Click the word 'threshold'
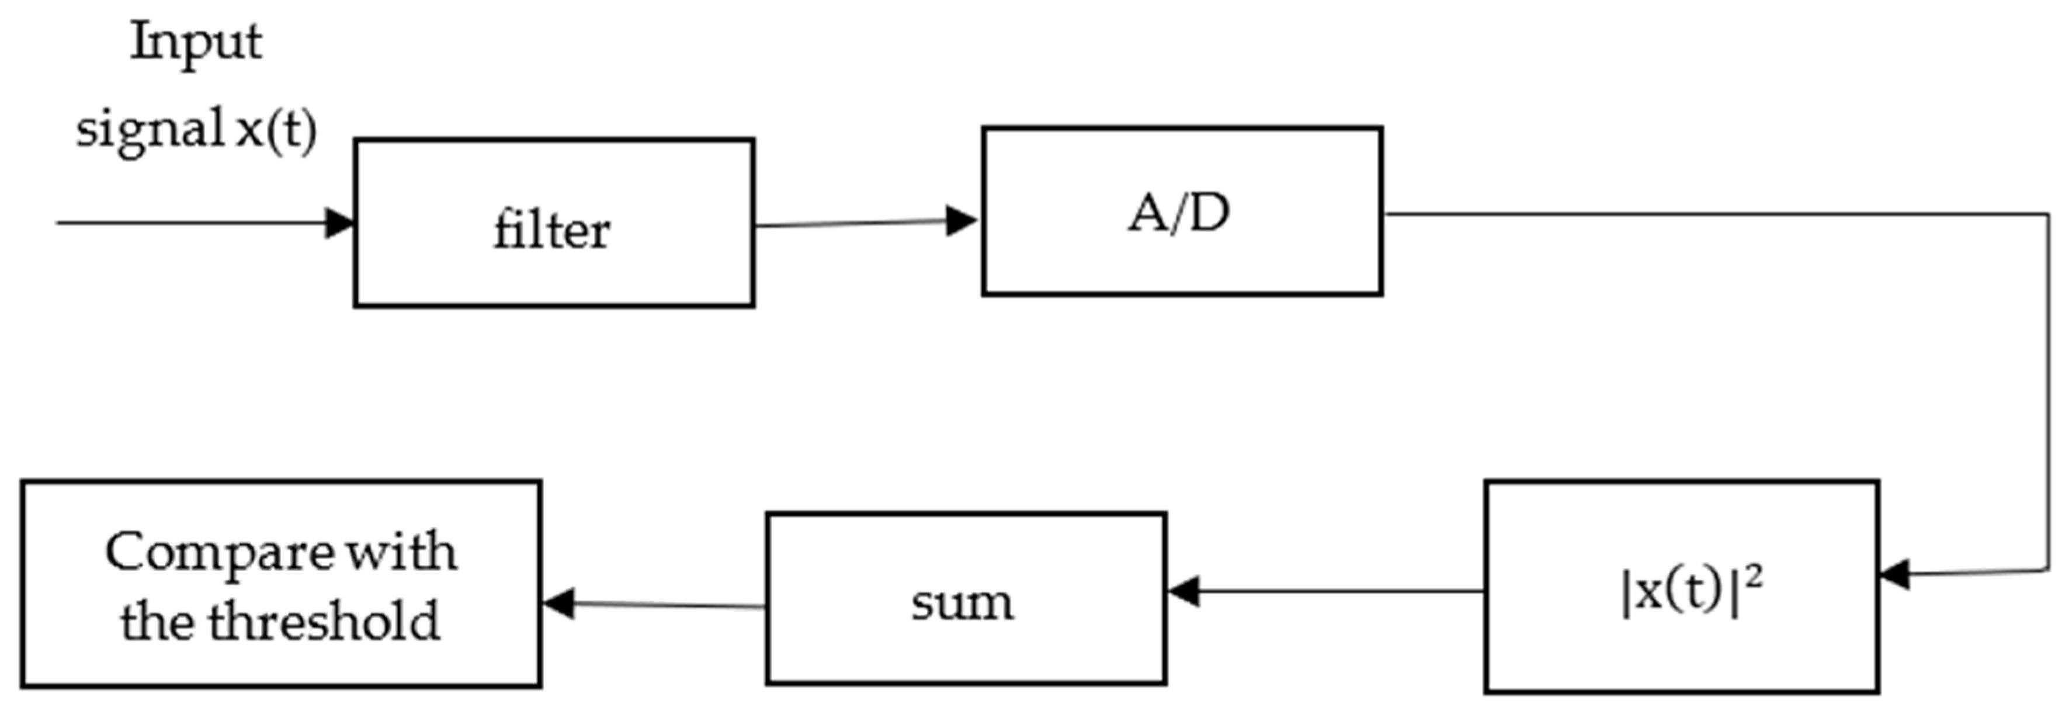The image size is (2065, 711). (x=325, y=621)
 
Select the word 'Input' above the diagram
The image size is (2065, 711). (x=196, y=41)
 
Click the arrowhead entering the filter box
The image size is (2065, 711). (x=340, y=223)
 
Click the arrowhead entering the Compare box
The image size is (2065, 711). (x=558, y=603)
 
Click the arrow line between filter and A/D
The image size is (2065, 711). (x=850, y=224)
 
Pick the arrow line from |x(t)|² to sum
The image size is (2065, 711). (x=1339, y=592)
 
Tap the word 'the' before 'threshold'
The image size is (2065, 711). (x=157, y=621)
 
